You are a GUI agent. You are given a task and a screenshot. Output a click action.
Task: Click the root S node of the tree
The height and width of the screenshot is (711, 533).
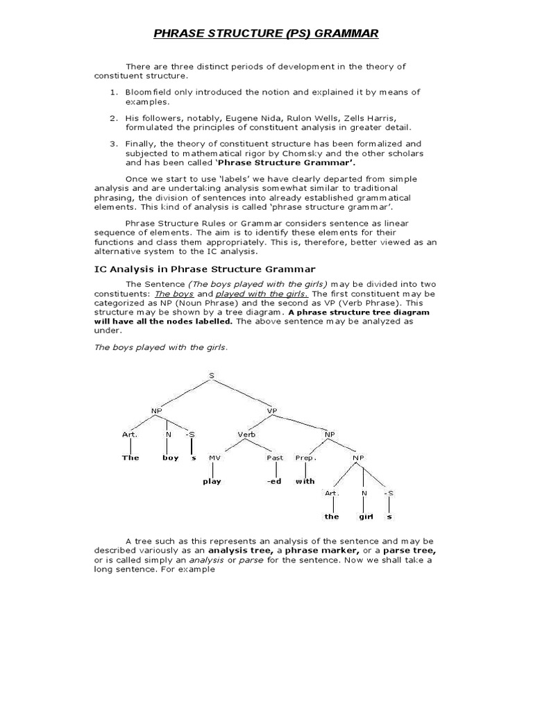coord(211,376)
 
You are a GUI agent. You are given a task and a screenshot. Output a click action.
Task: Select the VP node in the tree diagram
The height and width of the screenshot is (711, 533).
coord(272,410)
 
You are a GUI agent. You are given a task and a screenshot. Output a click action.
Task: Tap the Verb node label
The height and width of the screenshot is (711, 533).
coord(247,435)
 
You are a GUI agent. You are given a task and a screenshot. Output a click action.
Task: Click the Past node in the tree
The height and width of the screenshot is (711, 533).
coord(275,458)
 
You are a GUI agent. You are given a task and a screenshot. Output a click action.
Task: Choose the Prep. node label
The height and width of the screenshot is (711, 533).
coord(305,458)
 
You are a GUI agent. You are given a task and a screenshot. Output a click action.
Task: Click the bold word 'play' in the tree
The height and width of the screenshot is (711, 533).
coord(211,481)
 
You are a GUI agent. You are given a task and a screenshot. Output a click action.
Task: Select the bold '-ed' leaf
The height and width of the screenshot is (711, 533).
coord(274,481)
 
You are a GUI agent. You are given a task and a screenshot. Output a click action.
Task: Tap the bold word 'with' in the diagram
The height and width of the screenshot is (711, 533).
coord(305,481)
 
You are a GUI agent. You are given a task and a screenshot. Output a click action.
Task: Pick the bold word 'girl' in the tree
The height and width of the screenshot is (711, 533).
coord(366,517)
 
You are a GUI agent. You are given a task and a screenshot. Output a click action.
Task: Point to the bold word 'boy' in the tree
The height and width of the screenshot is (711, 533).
coord(170,458)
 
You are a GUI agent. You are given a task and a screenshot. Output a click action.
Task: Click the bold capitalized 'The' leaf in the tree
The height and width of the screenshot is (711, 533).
coord(130,458)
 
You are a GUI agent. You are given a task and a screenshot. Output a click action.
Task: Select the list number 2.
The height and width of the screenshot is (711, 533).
coord(113,118)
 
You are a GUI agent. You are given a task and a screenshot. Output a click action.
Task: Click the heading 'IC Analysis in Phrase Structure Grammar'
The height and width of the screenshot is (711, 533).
coord(205,269)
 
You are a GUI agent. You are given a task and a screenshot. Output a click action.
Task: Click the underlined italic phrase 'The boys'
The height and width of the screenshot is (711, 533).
coord(174,294)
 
